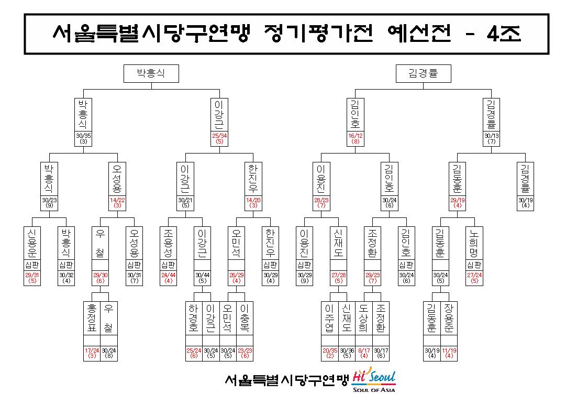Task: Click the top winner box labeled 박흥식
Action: [x=151, y=73]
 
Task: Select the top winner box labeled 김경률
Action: [x=424, y=73]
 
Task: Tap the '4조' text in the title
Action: [x=504, y=34]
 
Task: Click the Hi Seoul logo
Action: [x=374, y=376]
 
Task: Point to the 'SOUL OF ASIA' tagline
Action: [x=374, y=390]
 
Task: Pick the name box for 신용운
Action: [x=32, y=243]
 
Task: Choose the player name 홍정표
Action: [x=92, y=319]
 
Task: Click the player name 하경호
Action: [x=194, y=319]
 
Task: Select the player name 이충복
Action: [x=245, y=319]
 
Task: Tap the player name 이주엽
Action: [x=330, y=319]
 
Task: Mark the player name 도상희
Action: [x=364, y=319]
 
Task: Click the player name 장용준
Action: [x=449, y=319]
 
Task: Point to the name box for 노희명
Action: [x=474, y=243]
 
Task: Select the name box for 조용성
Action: [x=169, y=243]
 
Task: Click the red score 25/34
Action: [x=219, y=136]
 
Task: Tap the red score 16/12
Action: [x=356, y=136]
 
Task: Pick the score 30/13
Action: [x=492, y=136]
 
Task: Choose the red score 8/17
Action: [x=364, y=351]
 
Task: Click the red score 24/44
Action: [x=169, y=275]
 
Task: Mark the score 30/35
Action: [x=83, y=136]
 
